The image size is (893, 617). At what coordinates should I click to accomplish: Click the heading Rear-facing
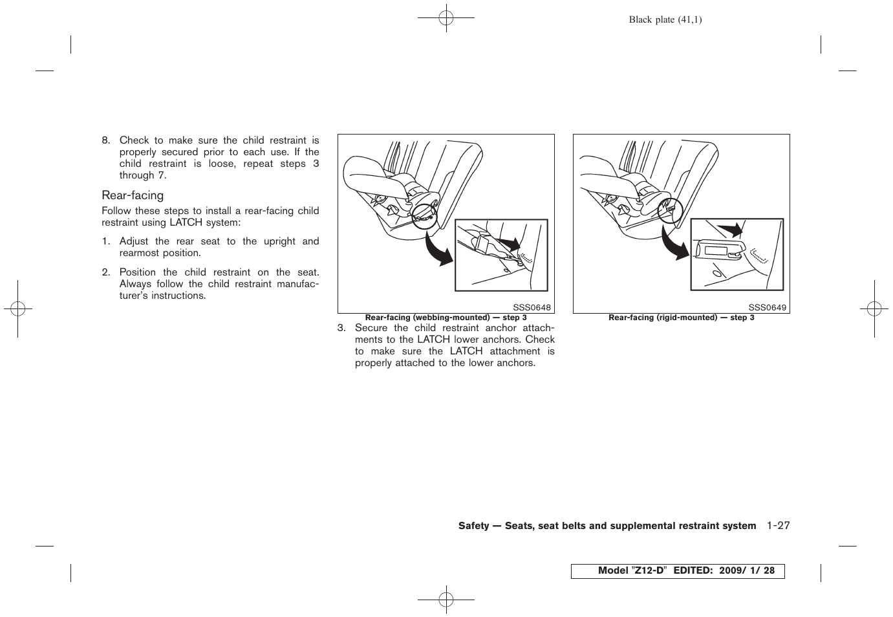click(133, 195)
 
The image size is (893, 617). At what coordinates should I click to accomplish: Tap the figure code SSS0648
click(532, 308)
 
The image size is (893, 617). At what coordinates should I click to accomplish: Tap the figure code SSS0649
click(768, 308)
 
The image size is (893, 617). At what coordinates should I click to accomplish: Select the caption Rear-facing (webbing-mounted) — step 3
click(446, 318)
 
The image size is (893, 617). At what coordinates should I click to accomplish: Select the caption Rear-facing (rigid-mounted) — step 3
click(681, 318)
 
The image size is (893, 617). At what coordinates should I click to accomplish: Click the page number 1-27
click(779, 526)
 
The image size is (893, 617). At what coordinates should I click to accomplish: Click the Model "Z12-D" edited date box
click(678, 571)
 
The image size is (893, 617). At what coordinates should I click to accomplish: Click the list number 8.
click(106, 140)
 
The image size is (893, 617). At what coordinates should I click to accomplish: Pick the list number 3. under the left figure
click(341, 328)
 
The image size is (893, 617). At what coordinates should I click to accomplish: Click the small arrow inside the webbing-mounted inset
click(510, 244)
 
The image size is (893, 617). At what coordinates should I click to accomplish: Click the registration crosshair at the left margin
click(17, 309)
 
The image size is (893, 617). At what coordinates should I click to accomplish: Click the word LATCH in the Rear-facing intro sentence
click(186, 222)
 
